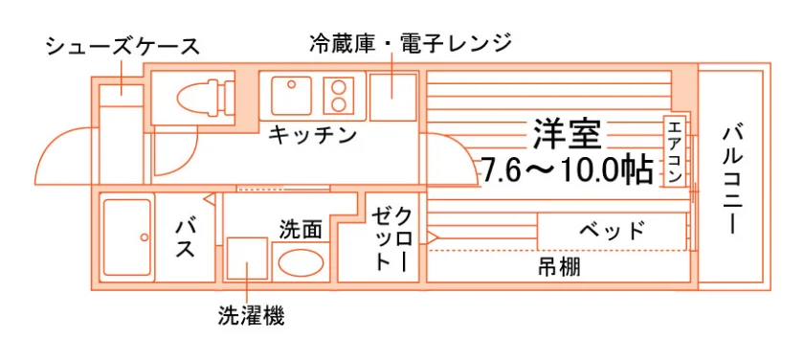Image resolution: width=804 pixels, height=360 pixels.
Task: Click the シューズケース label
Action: click(123, 47)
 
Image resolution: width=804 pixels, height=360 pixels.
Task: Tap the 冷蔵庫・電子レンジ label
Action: click(411, 42)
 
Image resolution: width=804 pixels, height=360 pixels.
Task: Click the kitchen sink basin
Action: click(291, 96)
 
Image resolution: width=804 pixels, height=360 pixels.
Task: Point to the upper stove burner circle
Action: click(339, 87)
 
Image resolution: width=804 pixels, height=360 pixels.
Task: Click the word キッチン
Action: click(312, 135)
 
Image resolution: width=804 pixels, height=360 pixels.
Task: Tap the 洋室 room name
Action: click(567, 133)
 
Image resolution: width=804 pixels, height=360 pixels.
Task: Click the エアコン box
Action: click(676, 152)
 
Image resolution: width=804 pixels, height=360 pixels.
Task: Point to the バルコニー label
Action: click(732, 179)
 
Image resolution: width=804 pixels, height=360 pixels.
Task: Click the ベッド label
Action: click(612, 230)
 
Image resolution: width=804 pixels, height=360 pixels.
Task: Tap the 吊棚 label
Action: click(559, 267)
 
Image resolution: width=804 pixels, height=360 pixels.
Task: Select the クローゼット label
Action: click(392, 239)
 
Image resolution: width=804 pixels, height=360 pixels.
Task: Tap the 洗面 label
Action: click(301, 230)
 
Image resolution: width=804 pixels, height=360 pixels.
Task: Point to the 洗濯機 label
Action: click(251, 316)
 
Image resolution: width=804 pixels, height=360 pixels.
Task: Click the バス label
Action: click(185, 239)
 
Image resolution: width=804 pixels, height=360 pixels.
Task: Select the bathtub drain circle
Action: click(145, 236)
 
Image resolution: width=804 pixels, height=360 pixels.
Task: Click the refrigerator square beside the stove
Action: click(392, 98)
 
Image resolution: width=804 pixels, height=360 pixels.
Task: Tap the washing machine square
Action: click(247, 259)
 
